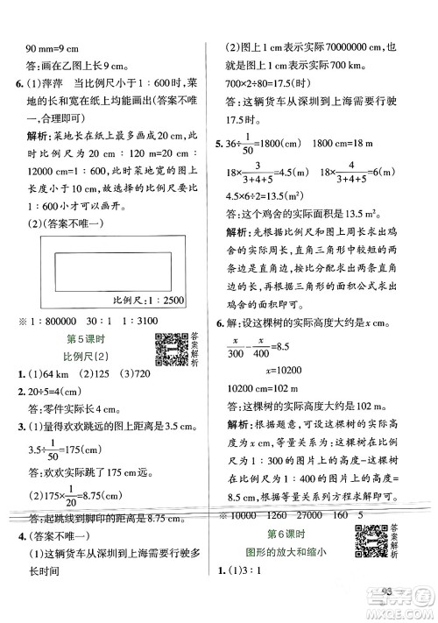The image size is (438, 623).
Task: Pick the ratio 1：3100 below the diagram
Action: pyautogui.click(x=137, y=323)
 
